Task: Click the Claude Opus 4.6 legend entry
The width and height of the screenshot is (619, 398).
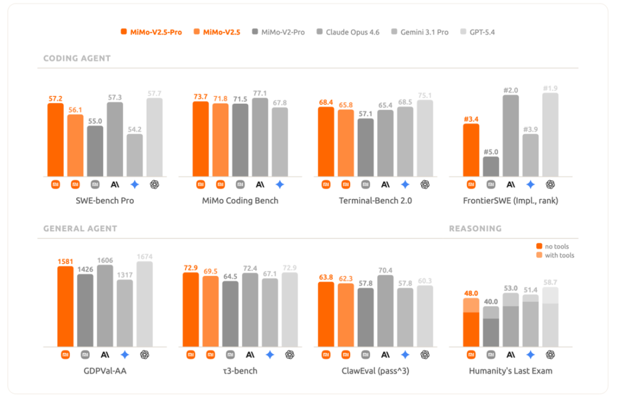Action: (x=348, y=32)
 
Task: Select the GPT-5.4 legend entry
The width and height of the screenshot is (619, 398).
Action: (x=477, y=32)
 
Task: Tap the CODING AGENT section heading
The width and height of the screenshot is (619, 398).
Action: (x=77, y=58)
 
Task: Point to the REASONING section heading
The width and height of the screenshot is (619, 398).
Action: (x=475, y=229)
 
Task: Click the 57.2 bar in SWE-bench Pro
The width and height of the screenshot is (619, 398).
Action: (x=56, y=140)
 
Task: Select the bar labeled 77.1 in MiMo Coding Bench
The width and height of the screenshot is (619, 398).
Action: (x=260, y=137)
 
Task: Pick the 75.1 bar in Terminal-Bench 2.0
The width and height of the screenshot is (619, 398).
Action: (x=425, y=138)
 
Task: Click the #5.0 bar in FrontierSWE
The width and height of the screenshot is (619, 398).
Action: (x=491, y=167)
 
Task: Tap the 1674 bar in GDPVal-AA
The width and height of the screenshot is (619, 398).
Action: (x=144, y=304)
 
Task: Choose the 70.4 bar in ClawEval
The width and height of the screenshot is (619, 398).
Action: (x=385, y=311)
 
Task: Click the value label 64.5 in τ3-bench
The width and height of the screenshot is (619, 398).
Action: (x=230, y=276)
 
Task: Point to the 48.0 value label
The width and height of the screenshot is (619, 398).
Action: (x=471, y=294)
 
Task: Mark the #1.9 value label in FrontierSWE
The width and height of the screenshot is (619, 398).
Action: (x=550, y=88)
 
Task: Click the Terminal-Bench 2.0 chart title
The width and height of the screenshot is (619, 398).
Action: (x=375, y=201)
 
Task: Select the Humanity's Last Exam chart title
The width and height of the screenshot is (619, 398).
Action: (x=511, y=370)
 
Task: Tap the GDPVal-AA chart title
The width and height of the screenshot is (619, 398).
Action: (x=105, y=370)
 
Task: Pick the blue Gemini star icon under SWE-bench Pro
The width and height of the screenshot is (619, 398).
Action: (x=135, y=185)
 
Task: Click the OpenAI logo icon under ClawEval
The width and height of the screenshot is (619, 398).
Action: (x=425, y=354)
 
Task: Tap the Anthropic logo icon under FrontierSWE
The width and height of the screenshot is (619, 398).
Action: (x=511, y=185)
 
